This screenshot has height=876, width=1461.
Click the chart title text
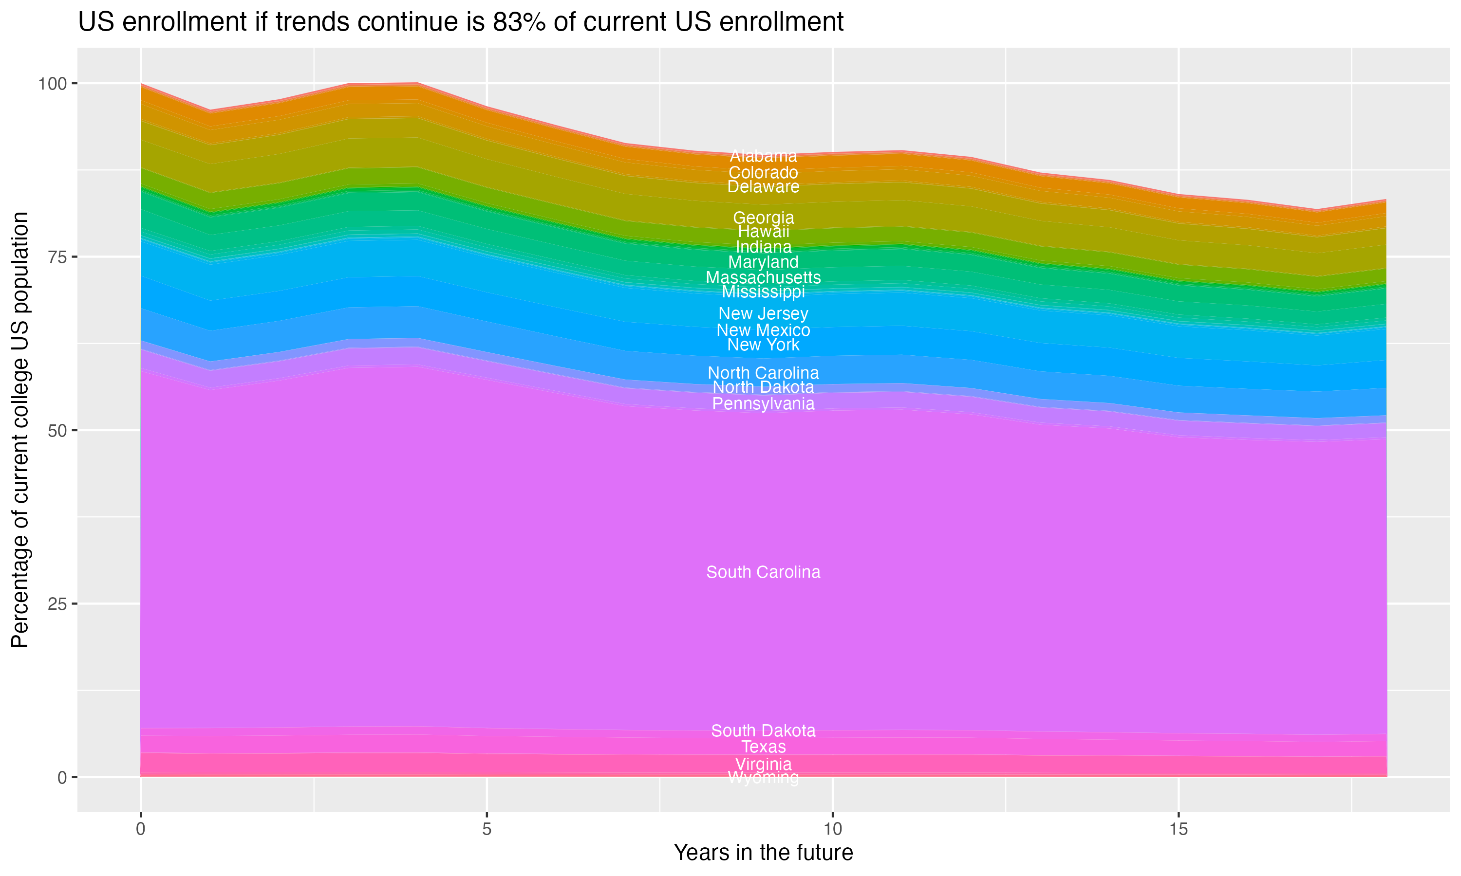click(461, 22)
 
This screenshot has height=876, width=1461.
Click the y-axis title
click(20, 429)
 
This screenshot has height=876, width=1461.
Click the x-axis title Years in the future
click(763, 852)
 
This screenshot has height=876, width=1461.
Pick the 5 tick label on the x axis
click(487, 829)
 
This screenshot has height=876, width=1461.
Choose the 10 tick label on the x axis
click(832, 829)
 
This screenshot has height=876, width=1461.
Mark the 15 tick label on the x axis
click(1178, 829)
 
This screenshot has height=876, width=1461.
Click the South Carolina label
click(763, 572)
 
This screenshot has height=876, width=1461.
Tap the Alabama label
click(763, 156)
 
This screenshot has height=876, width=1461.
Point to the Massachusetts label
click(763, 277)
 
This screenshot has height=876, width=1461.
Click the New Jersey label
click(763, 313)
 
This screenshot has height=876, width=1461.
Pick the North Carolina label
click(763, 373)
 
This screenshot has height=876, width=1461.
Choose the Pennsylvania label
click(763, 404)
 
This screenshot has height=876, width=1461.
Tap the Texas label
click(763, 747)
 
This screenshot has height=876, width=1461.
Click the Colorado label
click(763, 172)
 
